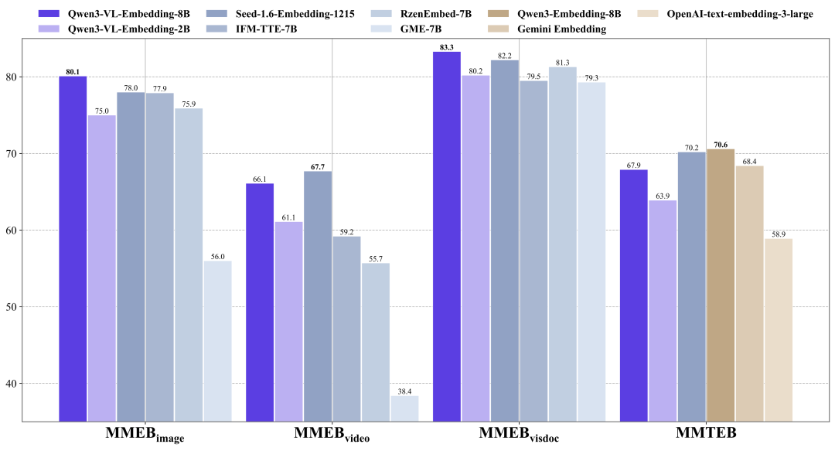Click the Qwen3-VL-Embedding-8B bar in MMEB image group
(x=73, y=248)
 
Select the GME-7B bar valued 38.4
(x=404, y=408)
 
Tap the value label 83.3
(x=446, y=47)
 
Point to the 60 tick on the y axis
(x=30, y=231)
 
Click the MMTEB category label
(x=705, y=434)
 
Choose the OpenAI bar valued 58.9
(x=779, y=330)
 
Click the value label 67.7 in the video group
(x=318, y=166)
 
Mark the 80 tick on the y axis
(x=30, y=77)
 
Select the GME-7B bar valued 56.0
(x=217, y=340)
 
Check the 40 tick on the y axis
(x=30, y=384)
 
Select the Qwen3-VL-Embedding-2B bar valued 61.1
(x=288, y=321)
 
